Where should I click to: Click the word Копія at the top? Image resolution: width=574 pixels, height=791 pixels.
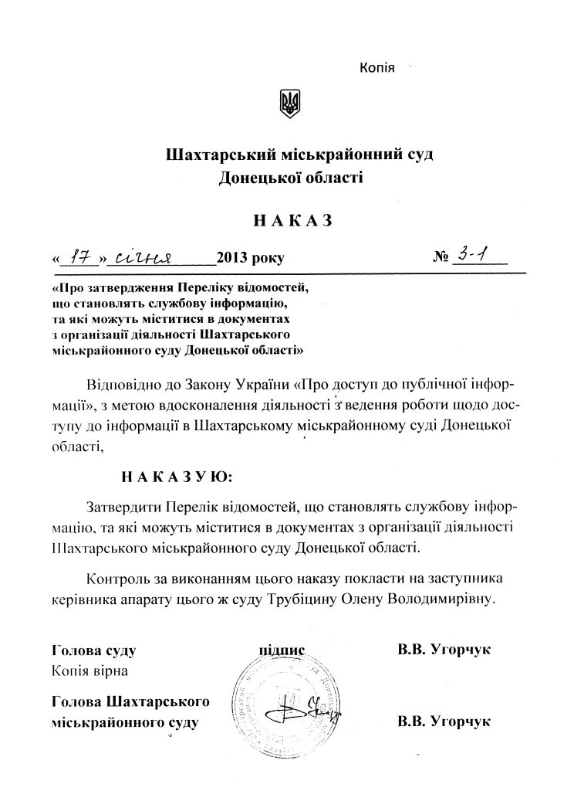pos(377,69)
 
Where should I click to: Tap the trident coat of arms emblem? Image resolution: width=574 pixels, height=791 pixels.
pos(289,104)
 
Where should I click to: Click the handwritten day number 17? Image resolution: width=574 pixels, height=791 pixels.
pos(80,256)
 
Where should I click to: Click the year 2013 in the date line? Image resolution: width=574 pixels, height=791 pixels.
pos(234,258)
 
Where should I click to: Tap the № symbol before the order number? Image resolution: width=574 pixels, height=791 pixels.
pos(441,258)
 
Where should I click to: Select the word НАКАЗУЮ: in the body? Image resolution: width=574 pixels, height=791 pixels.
pos(176,476)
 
